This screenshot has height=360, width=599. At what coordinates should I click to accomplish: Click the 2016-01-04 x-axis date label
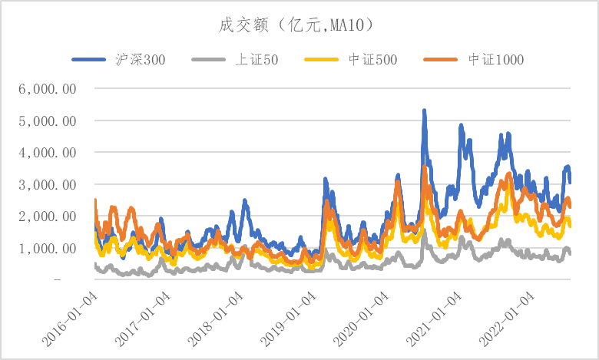(68, 315)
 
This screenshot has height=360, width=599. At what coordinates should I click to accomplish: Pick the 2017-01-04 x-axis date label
(140, 315)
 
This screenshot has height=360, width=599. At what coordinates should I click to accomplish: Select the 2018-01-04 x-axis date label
(213, 315)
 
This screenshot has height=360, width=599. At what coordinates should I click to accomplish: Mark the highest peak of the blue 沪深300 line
(424, 111)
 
